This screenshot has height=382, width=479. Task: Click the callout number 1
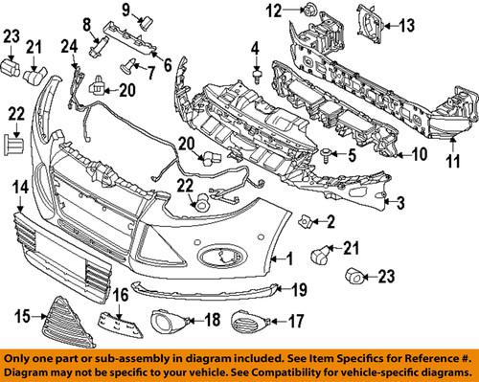(286, 258)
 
